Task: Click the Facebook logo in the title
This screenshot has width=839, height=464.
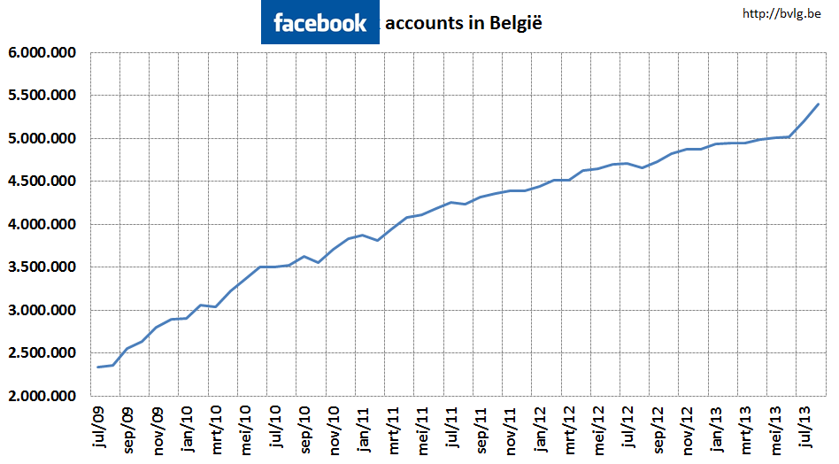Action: tap(320, 23)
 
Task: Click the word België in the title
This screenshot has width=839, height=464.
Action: tap(513, 24)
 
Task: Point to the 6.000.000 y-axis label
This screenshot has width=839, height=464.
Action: tap(42, 52)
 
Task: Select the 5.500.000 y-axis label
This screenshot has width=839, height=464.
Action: tap(42, 96)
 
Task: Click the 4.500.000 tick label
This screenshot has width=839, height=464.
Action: tap(42, 182)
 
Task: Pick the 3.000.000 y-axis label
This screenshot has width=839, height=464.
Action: tap(42, 311)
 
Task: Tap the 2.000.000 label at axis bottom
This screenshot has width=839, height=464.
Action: tap(42, 397)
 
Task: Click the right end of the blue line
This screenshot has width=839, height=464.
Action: tap(819, 104)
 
